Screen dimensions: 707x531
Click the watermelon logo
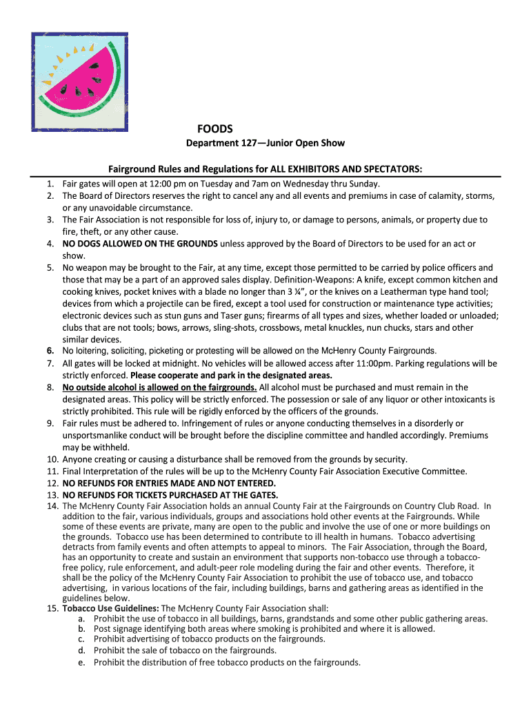point(79,81)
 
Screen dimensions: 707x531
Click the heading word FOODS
point(215,128)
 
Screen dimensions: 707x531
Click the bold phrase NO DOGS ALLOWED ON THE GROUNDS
point(140,243)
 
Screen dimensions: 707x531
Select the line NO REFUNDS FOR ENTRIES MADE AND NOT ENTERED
point(169,483)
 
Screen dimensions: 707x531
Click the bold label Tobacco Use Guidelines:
point(111,608)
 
